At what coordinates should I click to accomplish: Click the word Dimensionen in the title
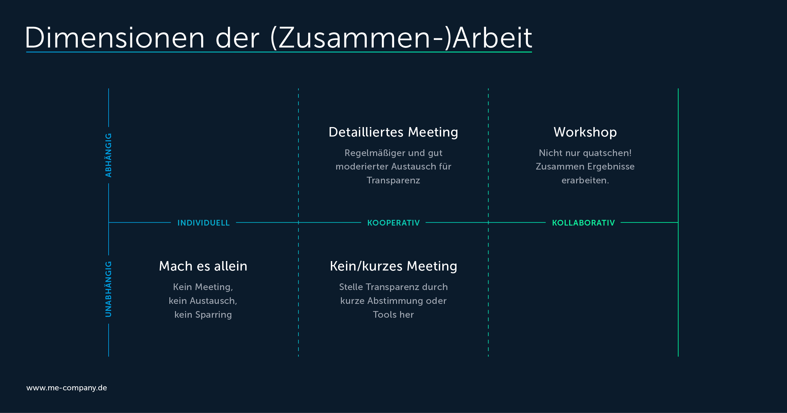(x=115, y=38)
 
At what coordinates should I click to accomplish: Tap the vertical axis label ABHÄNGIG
(x=108, y=155)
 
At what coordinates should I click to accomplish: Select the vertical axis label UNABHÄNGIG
(x=108, y=289)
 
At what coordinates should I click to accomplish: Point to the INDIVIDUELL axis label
(x=204, y=223)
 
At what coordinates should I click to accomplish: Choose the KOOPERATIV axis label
(x=394, y=223)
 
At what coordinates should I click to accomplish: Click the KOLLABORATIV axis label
(x=583, y=223)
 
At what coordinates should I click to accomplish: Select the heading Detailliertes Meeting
(x=393, y=132)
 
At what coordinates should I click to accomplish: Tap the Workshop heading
(x=585, y=132)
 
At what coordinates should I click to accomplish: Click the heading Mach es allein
(x=203, y=266)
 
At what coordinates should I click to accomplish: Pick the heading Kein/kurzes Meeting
(x=394, y=266)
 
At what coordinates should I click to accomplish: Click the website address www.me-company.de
(x=67, y=388)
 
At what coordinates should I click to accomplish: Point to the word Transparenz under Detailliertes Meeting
(x=393, y=181)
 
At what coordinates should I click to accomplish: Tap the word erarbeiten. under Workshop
(x=585, y=181)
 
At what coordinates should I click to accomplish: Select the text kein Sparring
(x=203, y=315)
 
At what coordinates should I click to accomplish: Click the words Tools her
(x=393, y=315)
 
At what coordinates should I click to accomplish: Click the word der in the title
(x=237, y=38)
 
